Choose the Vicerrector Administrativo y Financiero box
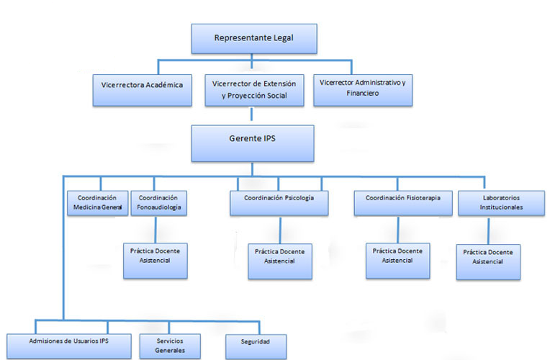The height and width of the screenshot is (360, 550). [x=363, y=89]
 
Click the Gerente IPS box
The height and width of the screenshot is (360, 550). [x=253, y=143]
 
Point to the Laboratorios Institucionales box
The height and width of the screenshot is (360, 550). [x=490, y=202]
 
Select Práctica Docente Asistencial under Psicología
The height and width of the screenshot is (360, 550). [x=280, y=260]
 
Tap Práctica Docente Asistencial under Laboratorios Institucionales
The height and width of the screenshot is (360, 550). [x=488, y=261]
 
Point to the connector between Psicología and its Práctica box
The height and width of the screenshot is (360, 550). [x=280, y=230]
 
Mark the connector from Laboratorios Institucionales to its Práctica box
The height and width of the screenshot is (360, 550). [x=490, y=230]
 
